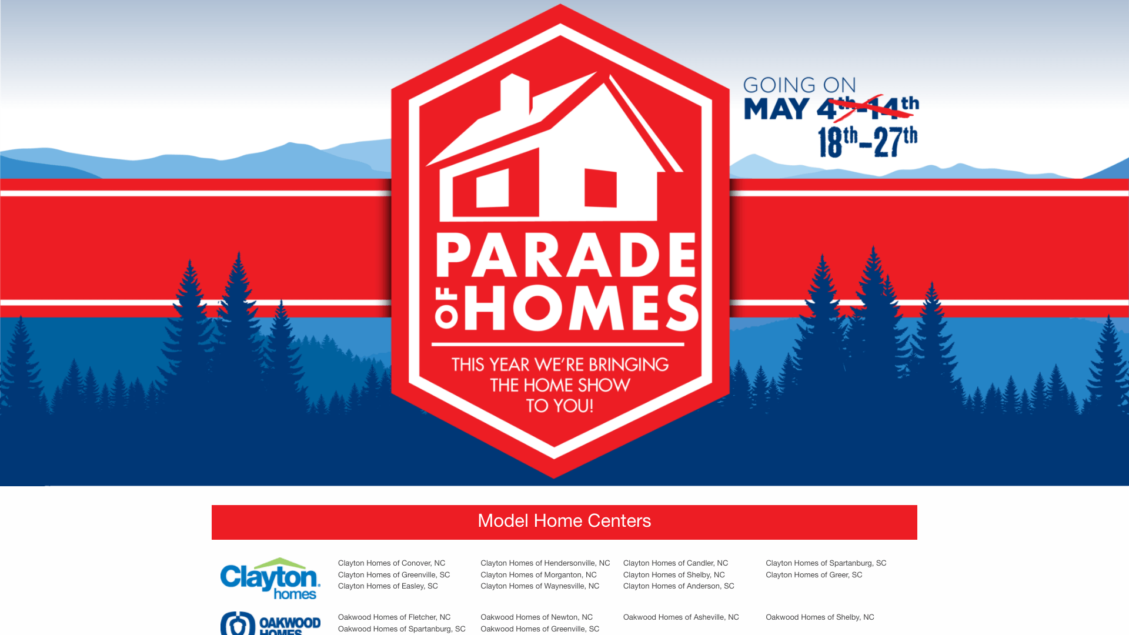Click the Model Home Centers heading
[564, 521]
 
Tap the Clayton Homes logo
[270, 579]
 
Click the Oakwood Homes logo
[270, 623]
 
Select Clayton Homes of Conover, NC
[392, 563]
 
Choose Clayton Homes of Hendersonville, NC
[545, 563]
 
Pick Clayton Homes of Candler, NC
[676, 563]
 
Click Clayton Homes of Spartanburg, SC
[826, 563]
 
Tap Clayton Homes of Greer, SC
[814, 575]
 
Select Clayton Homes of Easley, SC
[388, 586]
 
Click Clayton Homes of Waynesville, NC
[540, 586]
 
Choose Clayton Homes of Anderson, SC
[679, 586]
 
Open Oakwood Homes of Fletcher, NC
[394, 617]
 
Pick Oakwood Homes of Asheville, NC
[681, 617]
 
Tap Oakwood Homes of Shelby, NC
[820, 617]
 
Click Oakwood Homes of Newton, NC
[536, 617]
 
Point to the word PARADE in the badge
[566, 255]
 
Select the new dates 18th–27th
[867, 142]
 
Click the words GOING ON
[799, 85]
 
